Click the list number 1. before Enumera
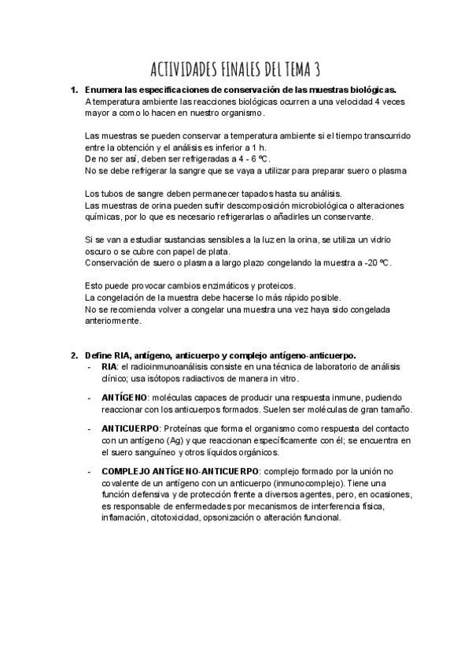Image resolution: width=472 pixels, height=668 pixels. [75, 90]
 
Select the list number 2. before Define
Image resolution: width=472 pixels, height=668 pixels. [75, 354]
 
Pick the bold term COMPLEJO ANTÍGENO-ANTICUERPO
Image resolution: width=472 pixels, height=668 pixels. [179, 471]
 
